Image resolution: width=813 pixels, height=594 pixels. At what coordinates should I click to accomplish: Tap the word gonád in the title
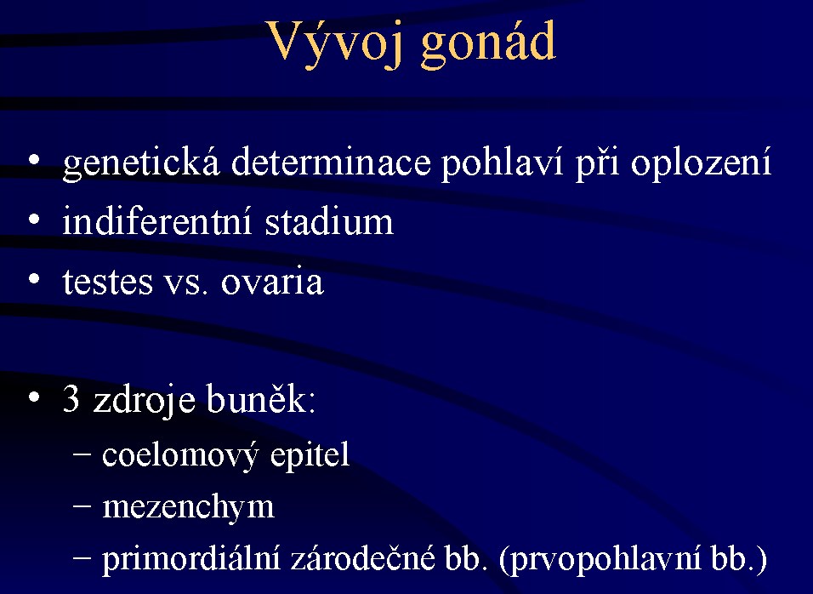pyautogui.click(x=488, y=44)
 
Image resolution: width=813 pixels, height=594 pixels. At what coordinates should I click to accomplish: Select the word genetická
pyautogui.click(x=141, y=163)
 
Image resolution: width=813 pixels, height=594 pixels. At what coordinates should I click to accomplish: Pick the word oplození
pyautogui.click(x=701, y=163)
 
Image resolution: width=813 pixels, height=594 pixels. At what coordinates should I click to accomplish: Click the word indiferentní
pyautogui.click(x=157, y=220)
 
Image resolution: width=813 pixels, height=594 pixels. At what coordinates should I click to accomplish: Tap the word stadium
pyautogui.click(x=329, y=220)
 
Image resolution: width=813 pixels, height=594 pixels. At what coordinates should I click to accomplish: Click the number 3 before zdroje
pyautogui.click(x=71, y=398)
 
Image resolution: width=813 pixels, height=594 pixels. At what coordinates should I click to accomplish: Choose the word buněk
pyautogui.click(x=260, y=398)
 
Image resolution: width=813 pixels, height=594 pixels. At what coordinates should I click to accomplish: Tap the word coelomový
pyautogui.click(x=180, y=456)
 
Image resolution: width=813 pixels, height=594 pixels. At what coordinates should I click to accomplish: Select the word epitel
pyautogui.click(x=310, y=456)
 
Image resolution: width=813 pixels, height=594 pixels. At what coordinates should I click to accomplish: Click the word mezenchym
pyautogui.click(x=188, y=508)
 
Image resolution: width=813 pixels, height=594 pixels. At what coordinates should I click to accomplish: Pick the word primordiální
pyautogui.click(x=190, y=560)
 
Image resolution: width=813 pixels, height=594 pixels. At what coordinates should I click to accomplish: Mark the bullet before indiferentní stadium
pyautogui.click(x=34, y=220)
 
